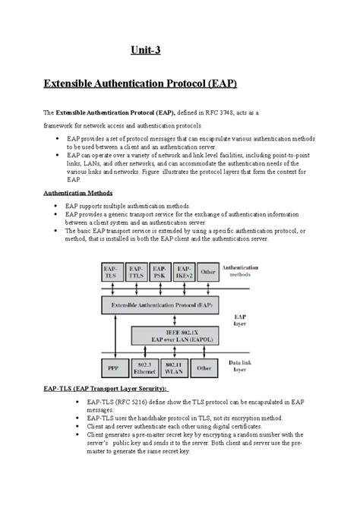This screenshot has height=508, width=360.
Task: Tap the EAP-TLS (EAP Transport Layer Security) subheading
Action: [x=103, y=389]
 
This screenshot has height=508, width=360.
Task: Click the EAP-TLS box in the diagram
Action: [x=111, y=272]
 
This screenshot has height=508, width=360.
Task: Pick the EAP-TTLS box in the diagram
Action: [x=137, y=272]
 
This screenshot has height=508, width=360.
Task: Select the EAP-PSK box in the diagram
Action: [x=160, y=272]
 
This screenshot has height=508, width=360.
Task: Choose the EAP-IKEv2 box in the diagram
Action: [x=184, y=272]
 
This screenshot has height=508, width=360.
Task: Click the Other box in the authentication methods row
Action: [x=207, y=272]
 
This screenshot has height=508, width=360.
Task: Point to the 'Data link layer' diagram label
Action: [x=242, y=367]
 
